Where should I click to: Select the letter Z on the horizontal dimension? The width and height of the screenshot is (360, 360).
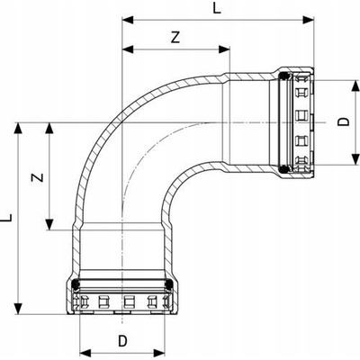tap(175, 38)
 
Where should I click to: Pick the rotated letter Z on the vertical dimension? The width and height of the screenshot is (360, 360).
tap(38, 177)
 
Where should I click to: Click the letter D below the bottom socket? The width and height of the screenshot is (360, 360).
tap(122, 341)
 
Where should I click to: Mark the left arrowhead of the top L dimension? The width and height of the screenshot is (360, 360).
tap(128, 20)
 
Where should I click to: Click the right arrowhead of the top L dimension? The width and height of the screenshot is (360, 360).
tap(308, 20)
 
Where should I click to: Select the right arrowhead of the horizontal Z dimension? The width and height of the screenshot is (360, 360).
tap(224, 49)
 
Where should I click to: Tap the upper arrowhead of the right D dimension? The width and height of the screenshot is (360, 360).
tap(355, 85)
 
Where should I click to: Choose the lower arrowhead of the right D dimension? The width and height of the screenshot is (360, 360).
tap(355, 159)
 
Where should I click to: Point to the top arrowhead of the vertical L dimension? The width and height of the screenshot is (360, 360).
tap(19, 129)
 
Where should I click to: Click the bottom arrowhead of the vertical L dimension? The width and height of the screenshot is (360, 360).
tap(19, 309)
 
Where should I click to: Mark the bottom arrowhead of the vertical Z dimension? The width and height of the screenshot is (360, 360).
tap(49, 225)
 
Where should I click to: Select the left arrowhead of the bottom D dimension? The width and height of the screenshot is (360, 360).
tap(85, 353)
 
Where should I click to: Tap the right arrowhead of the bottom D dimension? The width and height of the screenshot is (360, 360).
tap(159, 353)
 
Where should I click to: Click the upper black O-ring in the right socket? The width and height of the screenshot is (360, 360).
tap(283, 76)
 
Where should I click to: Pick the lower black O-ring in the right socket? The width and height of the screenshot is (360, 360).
tap(283, 169)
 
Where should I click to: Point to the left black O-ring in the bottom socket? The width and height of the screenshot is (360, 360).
tap(76, 283)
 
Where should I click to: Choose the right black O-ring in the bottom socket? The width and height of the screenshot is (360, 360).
tap(169, 283)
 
